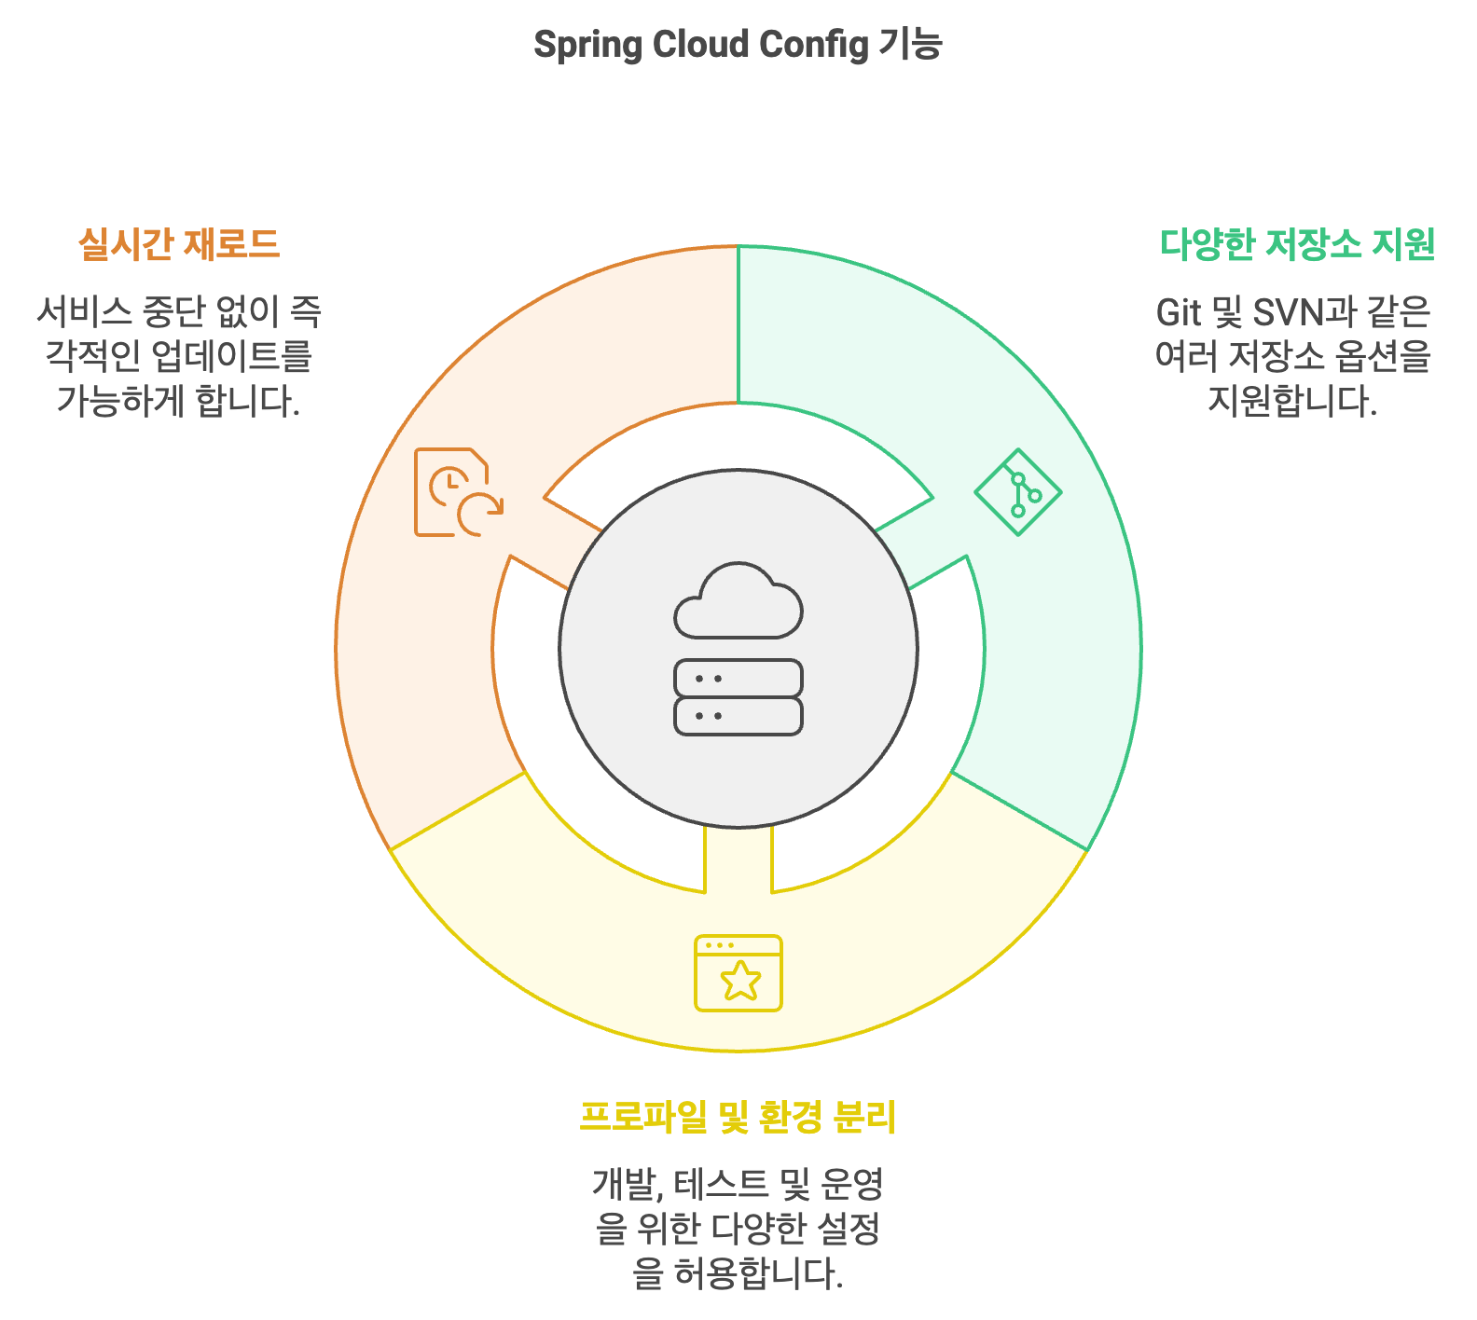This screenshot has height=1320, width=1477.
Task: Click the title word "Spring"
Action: coord(587,46)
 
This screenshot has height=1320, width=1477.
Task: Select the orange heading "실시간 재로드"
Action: coord(179,244)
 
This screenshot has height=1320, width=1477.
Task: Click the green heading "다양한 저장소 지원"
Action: coord(1297,244)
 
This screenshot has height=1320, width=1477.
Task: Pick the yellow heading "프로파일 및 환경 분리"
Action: coord(738,1117)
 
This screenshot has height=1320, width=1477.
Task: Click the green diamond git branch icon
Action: coord(1018,492)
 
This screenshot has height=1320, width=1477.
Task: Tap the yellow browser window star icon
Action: coord(738,973)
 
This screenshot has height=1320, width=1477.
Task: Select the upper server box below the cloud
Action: coord(738,679)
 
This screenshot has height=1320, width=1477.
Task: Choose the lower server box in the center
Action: coord(738,716)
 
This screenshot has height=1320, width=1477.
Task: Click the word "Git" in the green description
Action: coord(1179,313)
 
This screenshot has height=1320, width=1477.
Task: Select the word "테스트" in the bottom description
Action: coord(722,1185)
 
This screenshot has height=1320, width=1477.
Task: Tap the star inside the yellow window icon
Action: coord(740,981)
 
